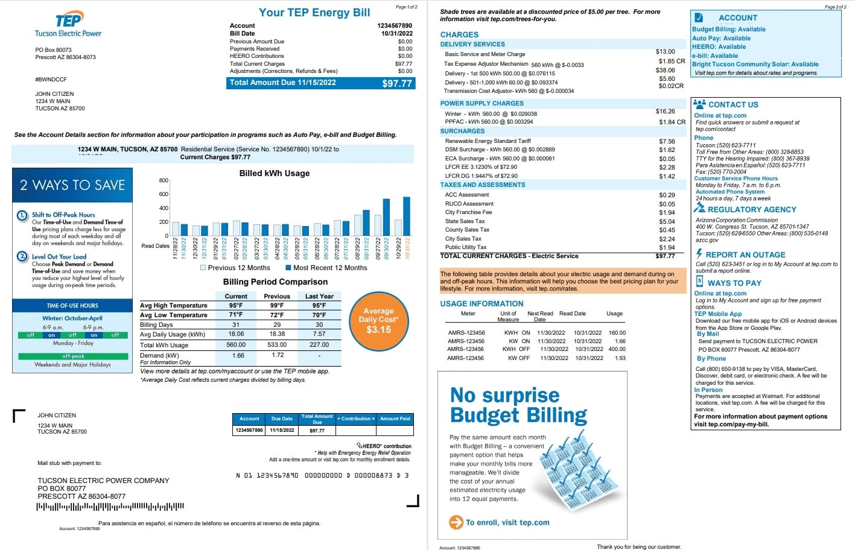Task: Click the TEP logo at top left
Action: point(68,21)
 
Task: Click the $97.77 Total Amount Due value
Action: point(396,83)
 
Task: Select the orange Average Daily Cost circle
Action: point(378,320)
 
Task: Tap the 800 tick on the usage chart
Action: point(164,180)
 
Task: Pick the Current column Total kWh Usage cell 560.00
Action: point(236,345)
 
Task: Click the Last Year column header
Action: point(319,296)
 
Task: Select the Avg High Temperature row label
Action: point(174,306)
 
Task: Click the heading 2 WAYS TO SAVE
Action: point(72,185)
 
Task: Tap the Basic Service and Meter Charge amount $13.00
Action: point(665,52)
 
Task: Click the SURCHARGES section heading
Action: point(462,131)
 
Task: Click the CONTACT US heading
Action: point(733,104)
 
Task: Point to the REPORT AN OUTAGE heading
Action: point(745,254)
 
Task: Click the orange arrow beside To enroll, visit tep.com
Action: point(456,522)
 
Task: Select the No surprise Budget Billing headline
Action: point(518,405)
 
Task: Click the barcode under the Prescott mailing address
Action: point(110,507)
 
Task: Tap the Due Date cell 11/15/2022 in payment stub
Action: point(282,430)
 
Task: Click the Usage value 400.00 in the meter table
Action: point(617,349)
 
